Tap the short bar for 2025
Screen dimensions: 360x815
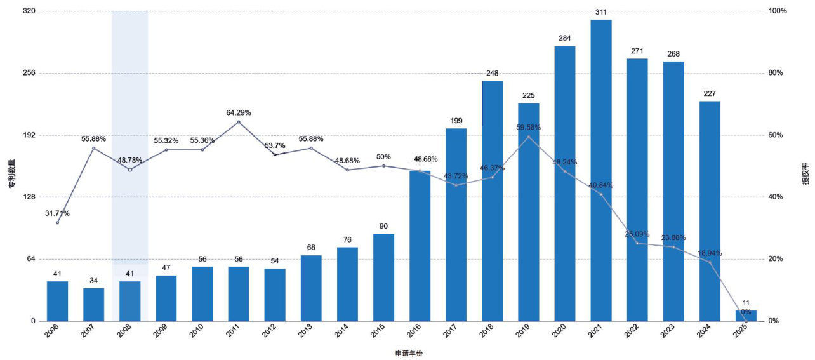coord(746,316)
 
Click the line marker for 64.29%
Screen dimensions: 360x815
coord(239,122)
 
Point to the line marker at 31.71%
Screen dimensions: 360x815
coord(57,222)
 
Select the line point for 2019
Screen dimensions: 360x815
coord(529,137)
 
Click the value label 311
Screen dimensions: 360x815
coord(600,12)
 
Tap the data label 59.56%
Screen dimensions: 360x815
coord(529,127)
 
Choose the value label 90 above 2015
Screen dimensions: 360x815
coord(383,226)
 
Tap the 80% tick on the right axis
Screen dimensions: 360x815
coord(777,73)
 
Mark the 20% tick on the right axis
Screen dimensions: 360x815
coord(777,259)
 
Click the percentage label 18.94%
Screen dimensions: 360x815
coord(709,253)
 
